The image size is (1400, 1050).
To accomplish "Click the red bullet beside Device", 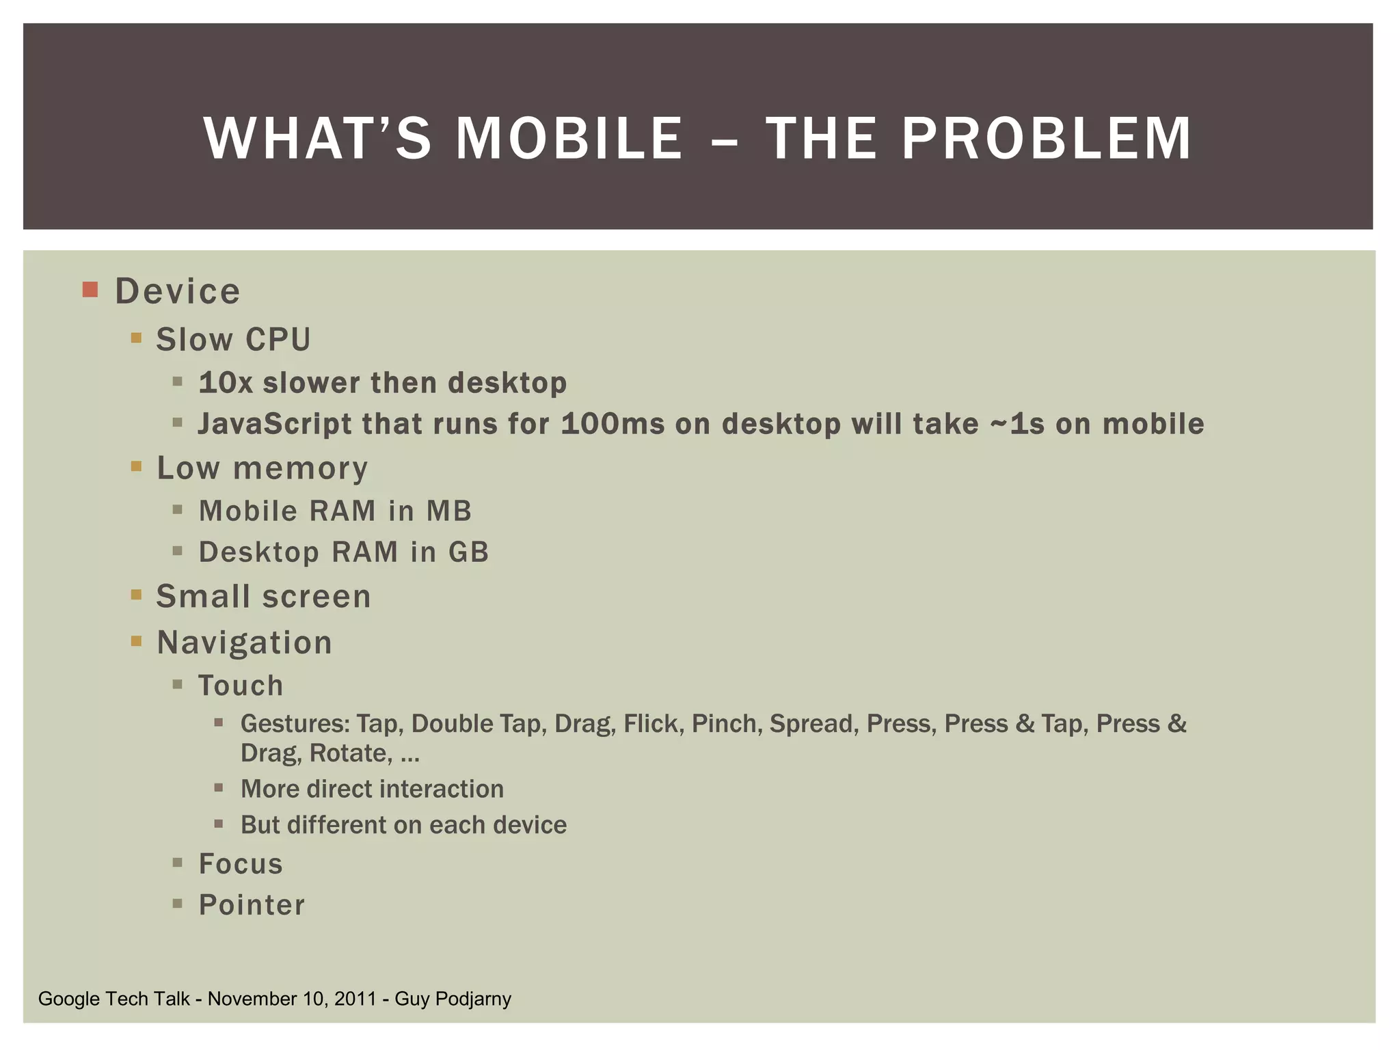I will tap(90, 289).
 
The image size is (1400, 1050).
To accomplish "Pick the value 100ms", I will tap(612, 424).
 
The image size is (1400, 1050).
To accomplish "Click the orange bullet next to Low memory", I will tap(136, 467).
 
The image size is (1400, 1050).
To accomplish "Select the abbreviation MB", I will tap(449, 511).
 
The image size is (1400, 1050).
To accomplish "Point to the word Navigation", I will tap(244, 643).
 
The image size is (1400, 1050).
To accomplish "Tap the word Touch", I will tap(241, 686).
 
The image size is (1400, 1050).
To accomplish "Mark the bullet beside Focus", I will tap(178, 863).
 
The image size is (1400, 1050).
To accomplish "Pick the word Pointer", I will tap(252, 905).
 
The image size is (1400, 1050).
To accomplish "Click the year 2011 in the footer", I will tap(355, 999).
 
